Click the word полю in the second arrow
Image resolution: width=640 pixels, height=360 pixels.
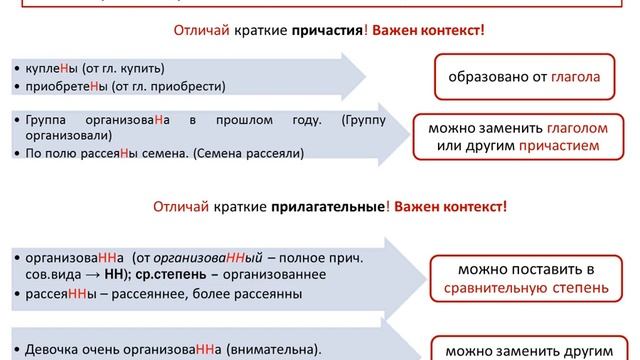72,152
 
